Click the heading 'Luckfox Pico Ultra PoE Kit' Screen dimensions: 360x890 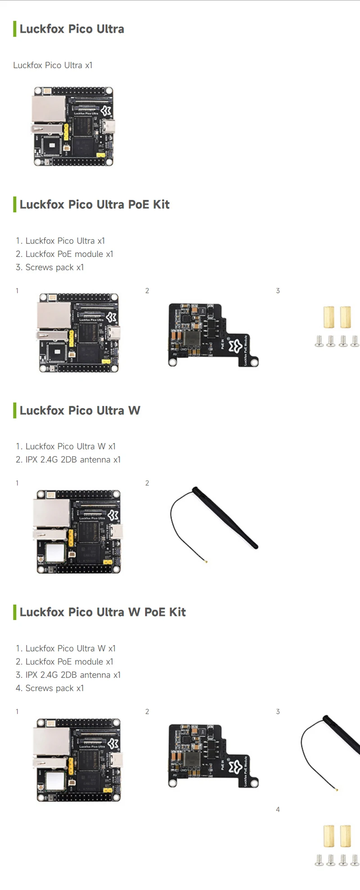click(x=94, y=204)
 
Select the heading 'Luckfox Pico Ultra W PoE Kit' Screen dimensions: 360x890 click(x=103, y=612)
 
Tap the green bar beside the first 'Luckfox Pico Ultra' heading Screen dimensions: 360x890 click(x=15, y=29)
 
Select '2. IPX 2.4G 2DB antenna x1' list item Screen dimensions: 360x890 click(x=68, y=459)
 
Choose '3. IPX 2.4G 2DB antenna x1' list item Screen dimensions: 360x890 click(x=68, y=675)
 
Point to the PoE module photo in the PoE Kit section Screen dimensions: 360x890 click(x=212, y=334)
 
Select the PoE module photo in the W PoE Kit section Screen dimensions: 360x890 click(x=212, y=755)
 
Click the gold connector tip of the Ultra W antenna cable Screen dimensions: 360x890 click(x=206, y=562)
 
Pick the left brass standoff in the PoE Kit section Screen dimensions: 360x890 click(x=329, y=317)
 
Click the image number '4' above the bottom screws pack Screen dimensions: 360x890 click(x=278, y=809)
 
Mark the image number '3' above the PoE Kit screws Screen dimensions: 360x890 click(x=278, y=291)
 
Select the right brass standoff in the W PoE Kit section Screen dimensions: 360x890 click(x=346, y=836)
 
